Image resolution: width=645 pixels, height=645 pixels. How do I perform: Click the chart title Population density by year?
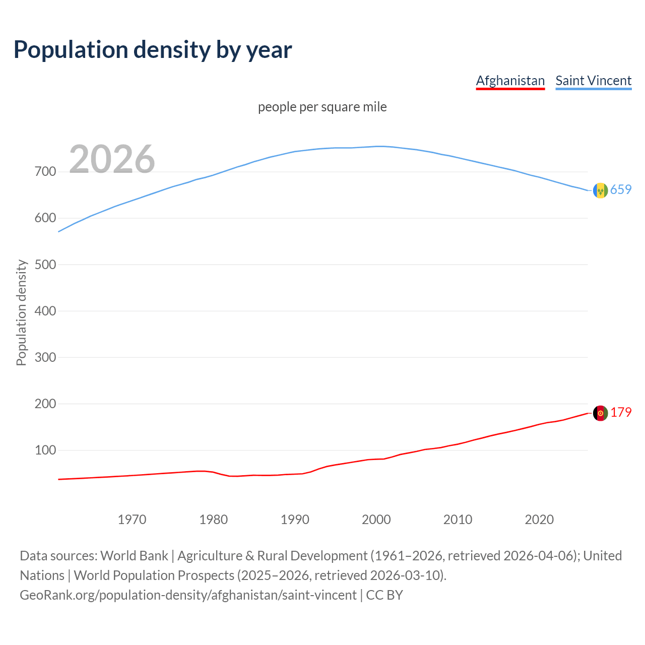[153, 50]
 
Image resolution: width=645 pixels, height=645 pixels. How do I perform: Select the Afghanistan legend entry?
[510, 81]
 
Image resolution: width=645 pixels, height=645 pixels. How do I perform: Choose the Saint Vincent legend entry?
[593, 81]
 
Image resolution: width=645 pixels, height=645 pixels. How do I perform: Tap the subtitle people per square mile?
[322, 107]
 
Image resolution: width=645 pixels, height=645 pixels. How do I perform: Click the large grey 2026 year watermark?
[112, 159]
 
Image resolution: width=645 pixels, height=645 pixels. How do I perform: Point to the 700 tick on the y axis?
[45, 172]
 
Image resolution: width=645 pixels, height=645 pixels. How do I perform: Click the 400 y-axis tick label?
[45, 311]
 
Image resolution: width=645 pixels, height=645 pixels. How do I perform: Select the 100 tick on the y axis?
[45, 450]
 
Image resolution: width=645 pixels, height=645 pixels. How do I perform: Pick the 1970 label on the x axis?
[132, 520]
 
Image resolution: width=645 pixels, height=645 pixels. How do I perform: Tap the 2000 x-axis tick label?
[376, 520]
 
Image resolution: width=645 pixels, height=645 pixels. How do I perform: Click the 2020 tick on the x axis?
[539, 520]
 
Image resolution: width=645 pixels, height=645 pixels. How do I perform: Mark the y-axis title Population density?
[21, 312]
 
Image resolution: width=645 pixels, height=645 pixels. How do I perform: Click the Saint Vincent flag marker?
[600, 190]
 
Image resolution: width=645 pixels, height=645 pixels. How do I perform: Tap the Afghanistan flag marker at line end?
[600, 413]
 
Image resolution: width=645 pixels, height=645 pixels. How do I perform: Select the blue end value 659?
[621, 190]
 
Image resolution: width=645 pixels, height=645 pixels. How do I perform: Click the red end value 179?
[621, 413]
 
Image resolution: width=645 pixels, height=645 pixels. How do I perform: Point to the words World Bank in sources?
[134, 556]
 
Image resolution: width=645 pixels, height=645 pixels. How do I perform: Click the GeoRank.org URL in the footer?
[188, 595]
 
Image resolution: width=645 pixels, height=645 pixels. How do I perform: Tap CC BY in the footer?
[384, 595]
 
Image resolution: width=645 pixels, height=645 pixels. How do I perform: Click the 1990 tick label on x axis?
[295, 520]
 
